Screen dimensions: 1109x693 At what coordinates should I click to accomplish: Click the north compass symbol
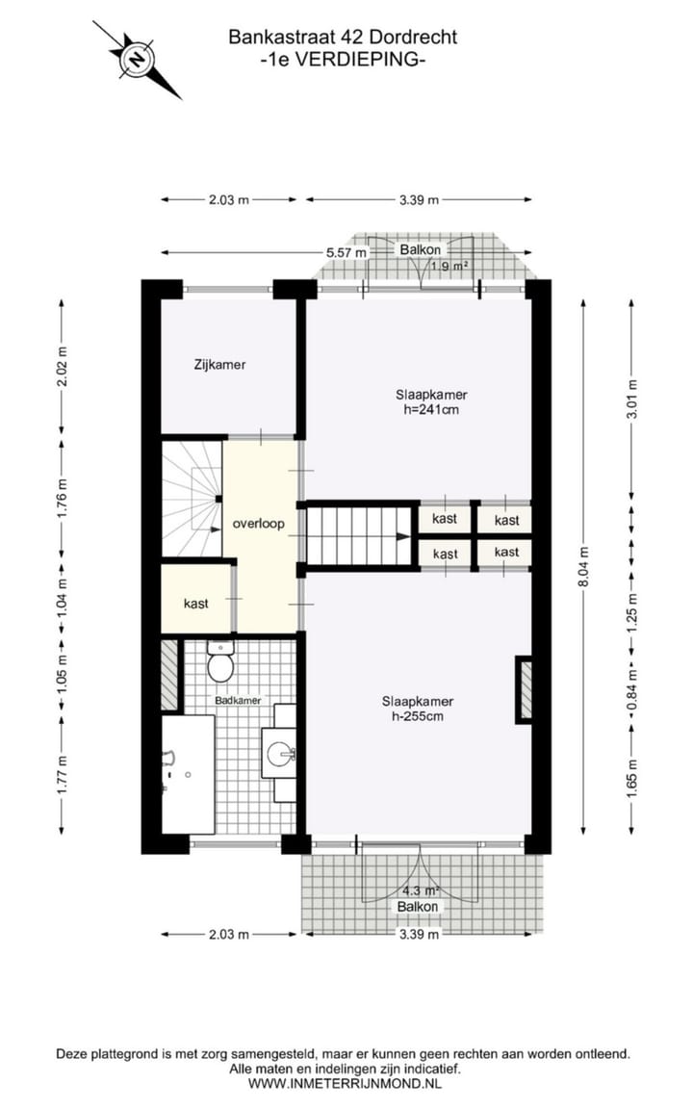click(x=138, y=60)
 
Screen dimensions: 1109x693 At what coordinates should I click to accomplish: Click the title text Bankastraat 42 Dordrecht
click(x=342, y=38)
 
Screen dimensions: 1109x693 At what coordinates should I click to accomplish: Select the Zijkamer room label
click(x=219, y=365)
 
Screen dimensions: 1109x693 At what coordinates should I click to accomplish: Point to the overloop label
click(x=259, y=526)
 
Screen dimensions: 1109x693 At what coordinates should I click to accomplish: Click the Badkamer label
click(x=237, y=701)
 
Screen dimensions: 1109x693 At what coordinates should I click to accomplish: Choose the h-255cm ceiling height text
click(x=417, y=716)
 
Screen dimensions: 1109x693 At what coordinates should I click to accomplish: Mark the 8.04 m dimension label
click(x=583, y=568)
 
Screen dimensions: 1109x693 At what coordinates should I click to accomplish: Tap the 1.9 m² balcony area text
click(x=449, y=266)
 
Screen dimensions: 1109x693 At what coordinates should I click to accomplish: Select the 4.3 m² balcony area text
click(x=420, y=890)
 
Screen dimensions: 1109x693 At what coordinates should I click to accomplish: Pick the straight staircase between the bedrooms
click(x=360, y=536)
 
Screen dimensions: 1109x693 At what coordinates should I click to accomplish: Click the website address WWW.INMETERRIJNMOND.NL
click(x=346, y=1083)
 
